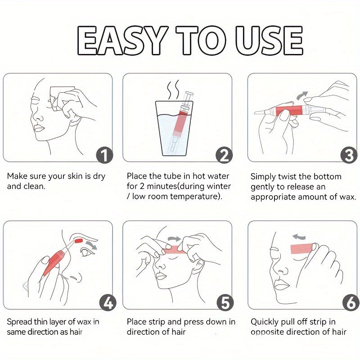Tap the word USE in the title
pyautogui.click(x=269, y=40)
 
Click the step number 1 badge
pyautogui.click(x=104, y=155)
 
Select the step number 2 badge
pyautogui.click(x=224, y=155)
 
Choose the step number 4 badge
pyautogui.click(x=108, y=303)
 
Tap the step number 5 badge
pyautogui.click(x=225, y=303)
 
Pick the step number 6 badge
pyautogui.click(x=351, y=303)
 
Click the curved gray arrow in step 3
pyautogui.click(x=302, y=95)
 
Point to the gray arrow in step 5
pyautogui.click(x=175, y=239)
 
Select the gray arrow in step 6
pyautogui.click(x=299, y=237)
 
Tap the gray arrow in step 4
pyautogui.click(x=91, y=245)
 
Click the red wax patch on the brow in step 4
pyautogui.click(x=79, y=241)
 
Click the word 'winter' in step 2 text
pyautogui.click(x=219, y=186)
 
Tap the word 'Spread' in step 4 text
pyautogui.click(x=19, y=322)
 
